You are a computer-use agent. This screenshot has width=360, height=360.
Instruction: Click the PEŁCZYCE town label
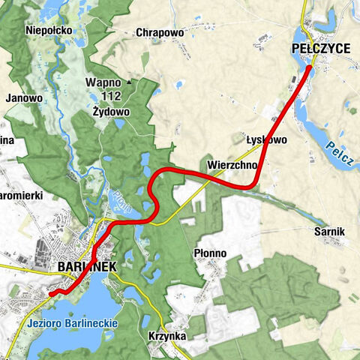[320, 48]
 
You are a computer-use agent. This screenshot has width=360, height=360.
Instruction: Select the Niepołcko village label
[48, 30]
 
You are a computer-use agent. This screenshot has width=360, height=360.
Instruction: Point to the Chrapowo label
[160, 33]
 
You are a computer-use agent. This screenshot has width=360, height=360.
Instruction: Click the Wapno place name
[103, 82]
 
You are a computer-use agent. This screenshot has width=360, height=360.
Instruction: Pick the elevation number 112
[111, 96]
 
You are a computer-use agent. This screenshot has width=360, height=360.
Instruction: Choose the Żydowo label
[112, 111]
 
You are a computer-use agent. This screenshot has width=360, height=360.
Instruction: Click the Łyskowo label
[266, 139]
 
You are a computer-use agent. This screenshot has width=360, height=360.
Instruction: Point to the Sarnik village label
[329, 232]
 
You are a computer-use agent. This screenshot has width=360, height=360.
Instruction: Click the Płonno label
[210, 253]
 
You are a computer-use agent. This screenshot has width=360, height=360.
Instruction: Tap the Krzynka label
[167, 337]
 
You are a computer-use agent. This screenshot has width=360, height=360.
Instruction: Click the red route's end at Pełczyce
[310, 68]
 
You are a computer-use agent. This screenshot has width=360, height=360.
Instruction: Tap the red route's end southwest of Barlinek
[51, 294]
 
